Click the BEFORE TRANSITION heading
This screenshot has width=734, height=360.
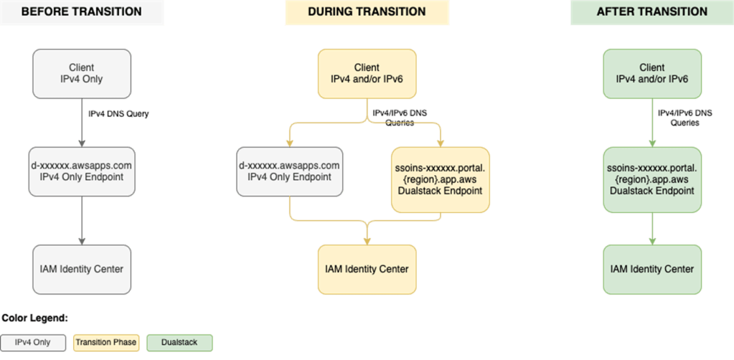pyautogui.click(x=82, y=12)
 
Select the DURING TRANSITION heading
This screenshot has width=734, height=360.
pyautogui.click(x=367, y=12)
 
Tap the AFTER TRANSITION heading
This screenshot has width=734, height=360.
pyautogui.click(x=651, y=12)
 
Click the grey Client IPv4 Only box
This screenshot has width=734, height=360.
pyautogui.click(x=81, y=74)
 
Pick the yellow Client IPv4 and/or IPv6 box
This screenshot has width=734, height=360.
pyautogui.click(x=367, y=74)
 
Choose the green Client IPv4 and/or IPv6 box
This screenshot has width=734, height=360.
pyautogui.click(x=651, y=74)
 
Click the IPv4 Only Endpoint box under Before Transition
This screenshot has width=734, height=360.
pyautogui.click(x=81, y=171)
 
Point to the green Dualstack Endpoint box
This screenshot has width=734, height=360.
pyautogui.click(x=651, y=179)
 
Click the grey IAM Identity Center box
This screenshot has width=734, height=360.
pyautogui.click(x=81, y=270)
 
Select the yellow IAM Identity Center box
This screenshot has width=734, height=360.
pyautogui.click(x=367, y=270)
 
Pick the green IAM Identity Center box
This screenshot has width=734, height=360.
pyautogui.click(x=651, y=270)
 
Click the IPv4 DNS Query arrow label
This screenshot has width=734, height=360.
pyautogui.click(x=118, y=114)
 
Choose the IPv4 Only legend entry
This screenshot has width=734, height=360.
pyautogui.click(x=34, y=342)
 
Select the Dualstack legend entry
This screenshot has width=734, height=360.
pyautogui.click(x=182, y=342)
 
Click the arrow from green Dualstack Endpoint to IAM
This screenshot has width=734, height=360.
pyautogui.click(x=651, y=228)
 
